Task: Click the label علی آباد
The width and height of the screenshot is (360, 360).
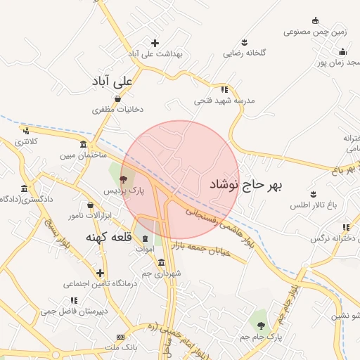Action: (x=112, y=82)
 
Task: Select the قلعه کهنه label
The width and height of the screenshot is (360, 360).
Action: (x=110, y=236)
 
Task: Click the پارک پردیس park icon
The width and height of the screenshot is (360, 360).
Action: (x=124, y=179)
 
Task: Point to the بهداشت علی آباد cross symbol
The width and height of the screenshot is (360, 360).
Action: (x=155, y=43)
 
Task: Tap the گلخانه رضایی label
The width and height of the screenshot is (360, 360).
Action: (x=243, y=53)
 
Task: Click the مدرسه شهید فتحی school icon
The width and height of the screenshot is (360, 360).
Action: (x=224, y=89)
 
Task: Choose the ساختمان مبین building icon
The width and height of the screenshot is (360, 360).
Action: (x=84, y=144)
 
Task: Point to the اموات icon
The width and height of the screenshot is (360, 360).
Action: (x=146, y=239)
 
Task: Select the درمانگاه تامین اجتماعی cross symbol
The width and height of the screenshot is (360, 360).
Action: (x=101, y=273)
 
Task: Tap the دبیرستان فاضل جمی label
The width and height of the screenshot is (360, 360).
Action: (x=74, y=310)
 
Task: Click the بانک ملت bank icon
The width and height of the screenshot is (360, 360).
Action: (x=120, y=337)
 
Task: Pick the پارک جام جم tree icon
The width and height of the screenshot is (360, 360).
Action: (x=262, y=326)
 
